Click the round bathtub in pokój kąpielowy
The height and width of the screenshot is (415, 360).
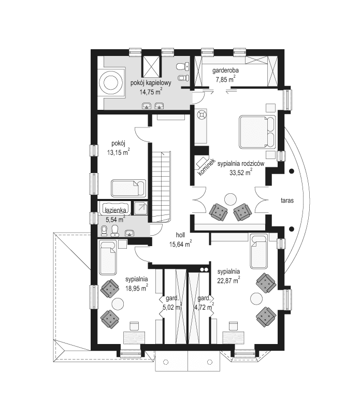click(x=111, y=82)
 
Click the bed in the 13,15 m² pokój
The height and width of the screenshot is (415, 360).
click(x=128, y=187)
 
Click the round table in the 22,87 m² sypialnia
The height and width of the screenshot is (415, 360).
click(x=256, y=298)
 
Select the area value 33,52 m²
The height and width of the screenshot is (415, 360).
click(x=240, y=172)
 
